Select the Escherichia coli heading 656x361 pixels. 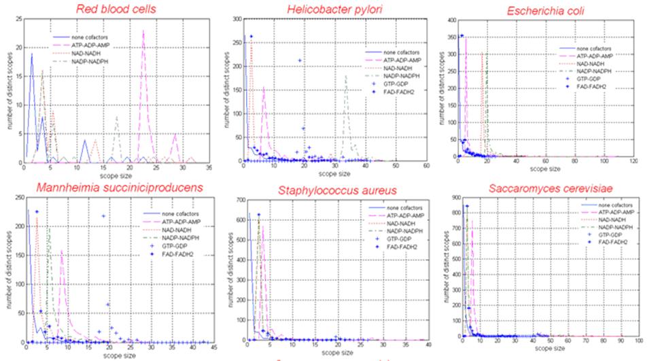coord(547,11)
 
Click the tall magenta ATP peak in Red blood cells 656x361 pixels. coord(143,31)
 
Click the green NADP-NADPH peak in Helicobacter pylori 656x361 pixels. coord(346,76)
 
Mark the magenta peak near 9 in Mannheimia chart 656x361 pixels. coord(62,252)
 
